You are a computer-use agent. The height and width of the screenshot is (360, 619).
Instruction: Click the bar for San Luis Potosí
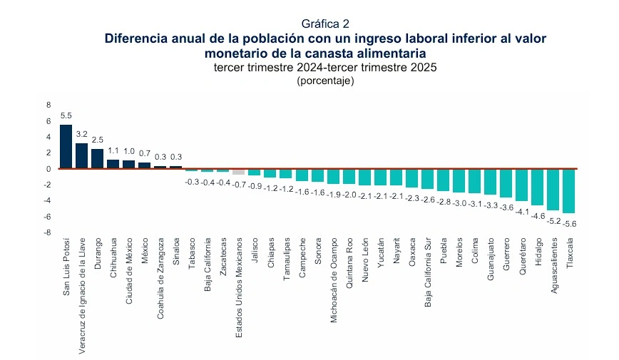tap(66, 147)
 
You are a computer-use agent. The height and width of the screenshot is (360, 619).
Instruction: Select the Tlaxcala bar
tap(568, 190)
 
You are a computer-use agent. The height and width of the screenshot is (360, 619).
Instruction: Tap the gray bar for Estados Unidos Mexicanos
tap(239, 172)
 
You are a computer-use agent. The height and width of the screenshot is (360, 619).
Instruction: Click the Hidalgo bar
tap(537, 187)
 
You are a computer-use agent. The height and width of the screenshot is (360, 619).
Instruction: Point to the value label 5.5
tap(66, 115)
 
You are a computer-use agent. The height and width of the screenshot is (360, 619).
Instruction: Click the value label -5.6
tap(569, 223)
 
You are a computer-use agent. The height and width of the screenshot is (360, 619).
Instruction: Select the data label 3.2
tap(81, 133)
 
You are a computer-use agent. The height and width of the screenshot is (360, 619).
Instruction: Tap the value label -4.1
tap(522, 212)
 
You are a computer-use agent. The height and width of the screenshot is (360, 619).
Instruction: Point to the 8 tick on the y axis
tap(48, 105)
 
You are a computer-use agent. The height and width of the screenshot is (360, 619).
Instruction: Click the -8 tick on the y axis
tap(47, 232)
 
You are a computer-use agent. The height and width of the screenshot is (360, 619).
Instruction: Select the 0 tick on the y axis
tap(48, 169)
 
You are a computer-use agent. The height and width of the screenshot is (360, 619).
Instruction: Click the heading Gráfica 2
tap(325, 24)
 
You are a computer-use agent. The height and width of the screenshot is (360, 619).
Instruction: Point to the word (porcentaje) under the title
tap(325, 81)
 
